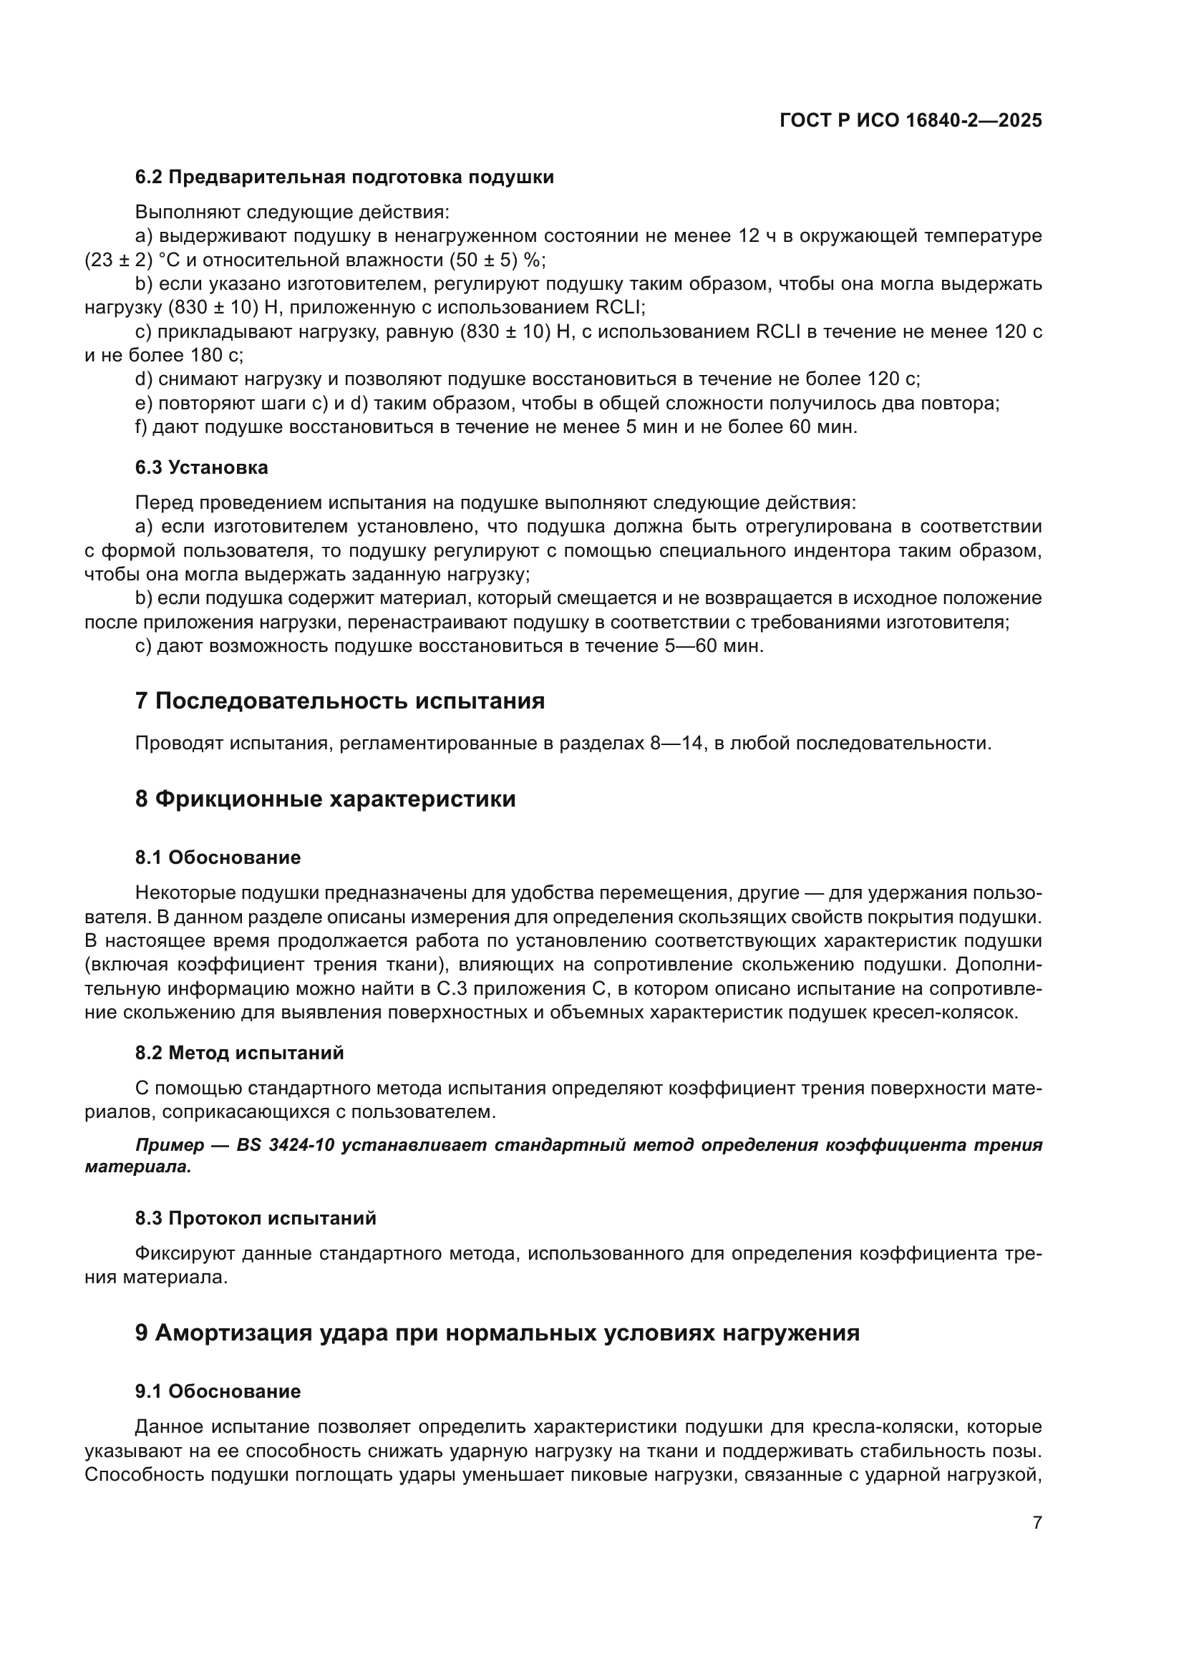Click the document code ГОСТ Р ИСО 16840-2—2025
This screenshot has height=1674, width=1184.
910,121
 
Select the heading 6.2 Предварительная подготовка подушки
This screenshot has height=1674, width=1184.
344,177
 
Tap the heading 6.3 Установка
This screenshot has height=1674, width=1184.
201,468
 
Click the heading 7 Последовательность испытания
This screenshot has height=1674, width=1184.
340,701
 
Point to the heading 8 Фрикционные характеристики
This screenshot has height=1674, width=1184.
325,799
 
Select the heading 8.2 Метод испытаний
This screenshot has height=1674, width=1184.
239,1053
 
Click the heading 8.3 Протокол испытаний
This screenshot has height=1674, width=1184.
255,1218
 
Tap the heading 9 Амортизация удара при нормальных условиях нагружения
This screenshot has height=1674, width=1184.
498,1333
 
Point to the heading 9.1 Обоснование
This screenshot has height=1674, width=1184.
218,1392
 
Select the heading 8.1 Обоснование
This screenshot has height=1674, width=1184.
218,857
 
